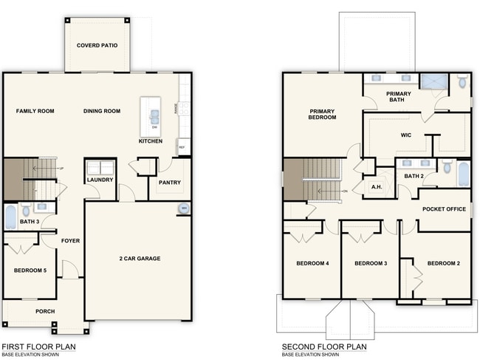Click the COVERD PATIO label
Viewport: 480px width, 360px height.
97,46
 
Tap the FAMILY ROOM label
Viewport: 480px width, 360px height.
35,111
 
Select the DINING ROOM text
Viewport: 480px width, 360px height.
102,111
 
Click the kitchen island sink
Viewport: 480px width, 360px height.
155,115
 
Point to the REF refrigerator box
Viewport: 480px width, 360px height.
182,148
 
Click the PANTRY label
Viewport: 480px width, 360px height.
170,183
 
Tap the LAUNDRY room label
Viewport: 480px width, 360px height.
100,180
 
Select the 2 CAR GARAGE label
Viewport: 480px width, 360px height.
140,258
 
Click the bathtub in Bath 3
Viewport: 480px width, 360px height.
10,217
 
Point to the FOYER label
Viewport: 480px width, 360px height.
71,241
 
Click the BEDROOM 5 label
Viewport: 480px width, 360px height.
30,271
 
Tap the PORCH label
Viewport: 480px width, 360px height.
45,311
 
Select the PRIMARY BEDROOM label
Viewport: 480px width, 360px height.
323,114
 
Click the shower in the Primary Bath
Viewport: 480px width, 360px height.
433,81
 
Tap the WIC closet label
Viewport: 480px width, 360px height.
405,135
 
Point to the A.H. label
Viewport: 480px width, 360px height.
376,187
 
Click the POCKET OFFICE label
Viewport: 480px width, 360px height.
444,209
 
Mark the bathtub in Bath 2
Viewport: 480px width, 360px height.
463,174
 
